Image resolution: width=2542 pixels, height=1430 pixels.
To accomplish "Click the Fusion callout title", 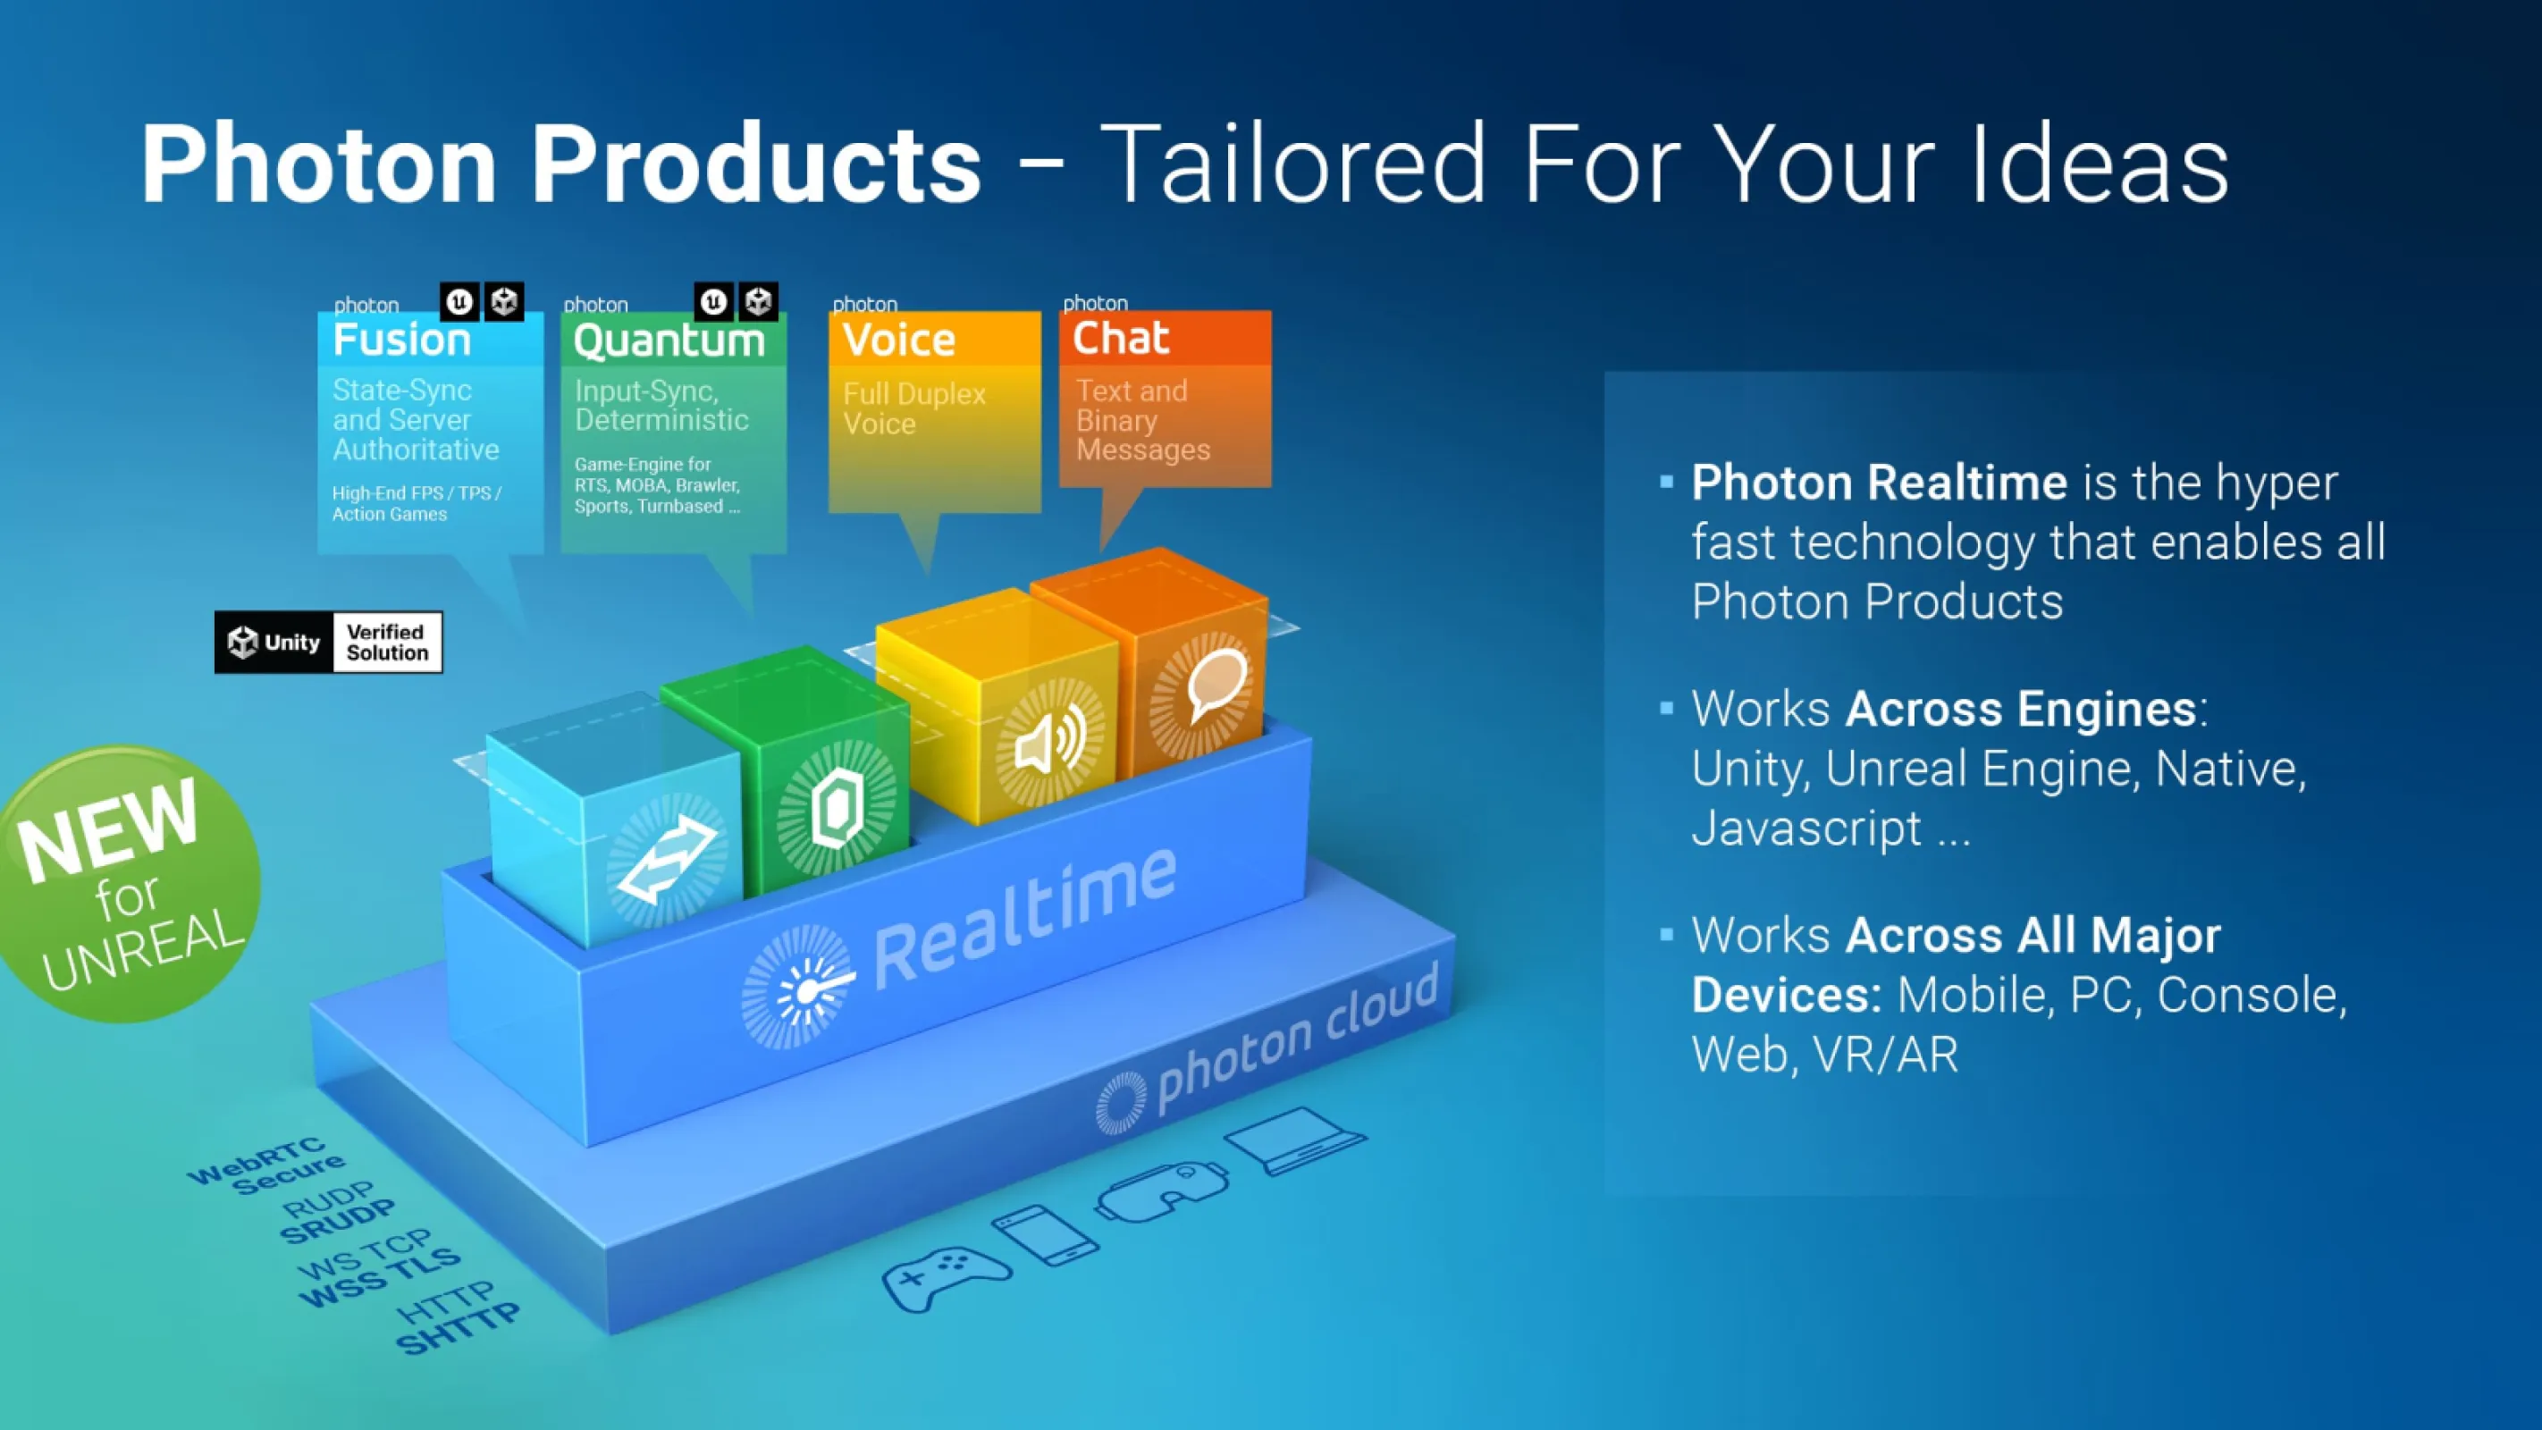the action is (401, 340).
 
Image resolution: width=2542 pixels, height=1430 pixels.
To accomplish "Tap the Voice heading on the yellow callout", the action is (899, 340).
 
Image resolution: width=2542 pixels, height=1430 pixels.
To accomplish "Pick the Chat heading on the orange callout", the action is (1121, 338).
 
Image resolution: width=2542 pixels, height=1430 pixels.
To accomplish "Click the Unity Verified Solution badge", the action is (329, 643).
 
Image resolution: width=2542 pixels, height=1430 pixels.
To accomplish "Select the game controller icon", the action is (946, 1277).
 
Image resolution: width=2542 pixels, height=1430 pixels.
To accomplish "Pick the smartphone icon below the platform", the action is (1045, 1234).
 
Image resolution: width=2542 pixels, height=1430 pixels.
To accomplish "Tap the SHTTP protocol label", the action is (458, 1327).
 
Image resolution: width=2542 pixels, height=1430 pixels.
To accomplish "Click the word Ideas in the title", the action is (2099, 163).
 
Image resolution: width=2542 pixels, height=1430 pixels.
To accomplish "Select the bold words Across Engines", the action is (2021, 709).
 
